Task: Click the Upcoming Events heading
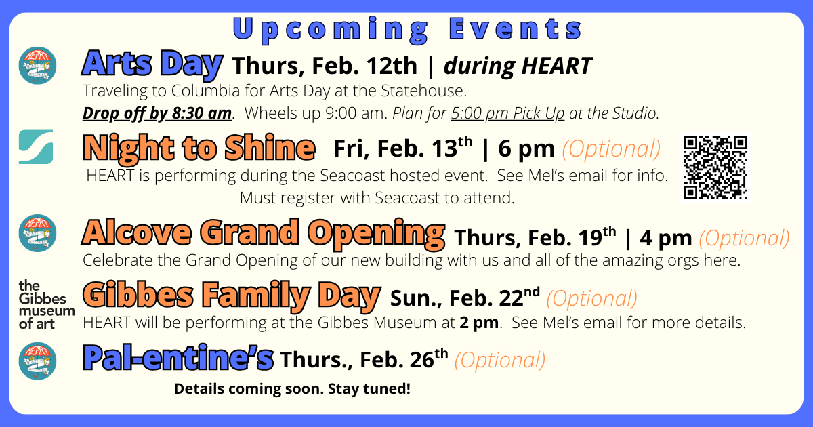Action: click(407, 29)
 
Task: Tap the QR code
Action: click(715, 167)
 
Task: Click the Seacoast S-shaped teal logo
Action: click(36, 146)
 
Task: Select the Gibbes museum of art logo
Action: click(47, 304)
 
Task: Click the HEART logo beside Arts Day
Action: click(37, 66)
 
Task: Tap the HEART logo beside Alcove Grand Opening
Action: click(37, 233)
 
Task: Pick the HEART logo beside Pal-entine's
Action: click(37, 361)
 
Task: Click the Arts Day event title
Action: click(152, 64)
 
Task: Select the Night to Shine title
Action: click(199, 148)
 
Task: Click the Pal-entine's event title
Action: click(178, 358)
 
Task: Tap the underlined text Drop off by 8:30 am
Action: click(157, 113)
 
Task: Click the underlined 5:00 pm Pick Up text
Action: click(507, 113)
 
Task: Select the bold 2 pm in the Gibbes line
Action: click(479, 323)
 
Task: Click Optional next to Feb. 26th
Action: click(500, 360)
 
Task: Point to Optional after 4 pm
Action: click(744, 238)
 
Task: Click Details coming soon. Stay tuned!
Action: click(292, 389)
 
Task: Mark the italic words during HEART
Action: click(518, 66)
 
